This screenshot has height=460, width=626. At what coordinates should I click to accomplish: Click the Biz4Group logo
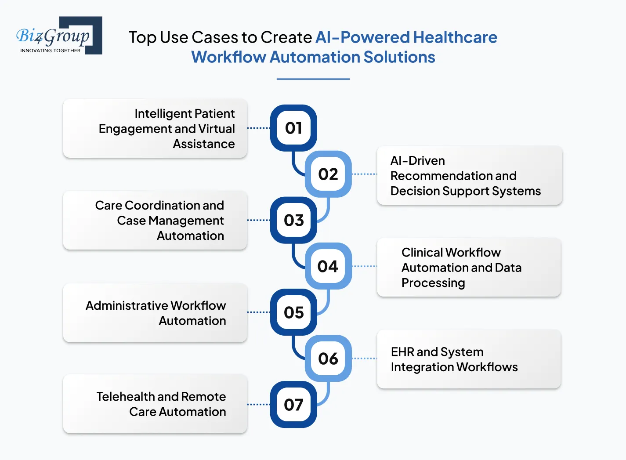tap(59, 36)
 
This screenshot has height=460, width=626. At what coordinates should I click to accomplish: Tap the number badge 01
tap(293, 128)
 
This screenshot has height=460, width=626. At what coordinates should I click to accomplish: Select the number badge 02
tap(328, 174)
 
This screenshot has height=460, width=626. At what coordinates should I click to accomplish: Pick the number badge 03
tap(293, 220)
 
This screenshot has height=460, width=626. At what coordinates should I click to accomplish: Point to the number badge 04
tap(328, 266)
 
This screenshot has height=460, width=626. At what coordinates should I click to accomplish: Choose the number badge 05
tap(293, 312)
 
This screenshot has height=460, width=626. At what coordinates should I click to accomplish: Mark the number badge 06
tap(328, 359)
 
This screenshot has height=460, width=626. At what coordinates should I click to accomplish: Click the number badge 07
tap(293, 405)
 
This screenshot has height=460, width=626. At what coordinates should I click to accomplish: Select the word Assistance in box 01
tap(204, 144)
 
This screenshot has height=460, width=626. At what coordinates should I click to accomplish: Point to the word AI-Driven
tap(417, 161)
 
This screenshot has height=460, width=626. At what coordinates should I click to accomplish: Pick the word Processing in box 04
tap(433, 283)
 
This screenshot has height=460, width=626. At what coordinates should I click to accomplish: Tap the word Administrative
tap(126, 305)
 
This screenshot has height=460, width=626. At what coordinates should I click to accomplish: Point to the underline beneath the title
tap(313, 79)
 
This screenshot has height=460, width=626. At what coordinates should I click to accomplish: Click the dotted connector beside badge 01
tap(258, 128)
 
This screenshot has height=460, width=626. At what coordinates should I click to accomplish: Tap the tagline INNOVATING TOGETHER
tap(50, 51)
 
